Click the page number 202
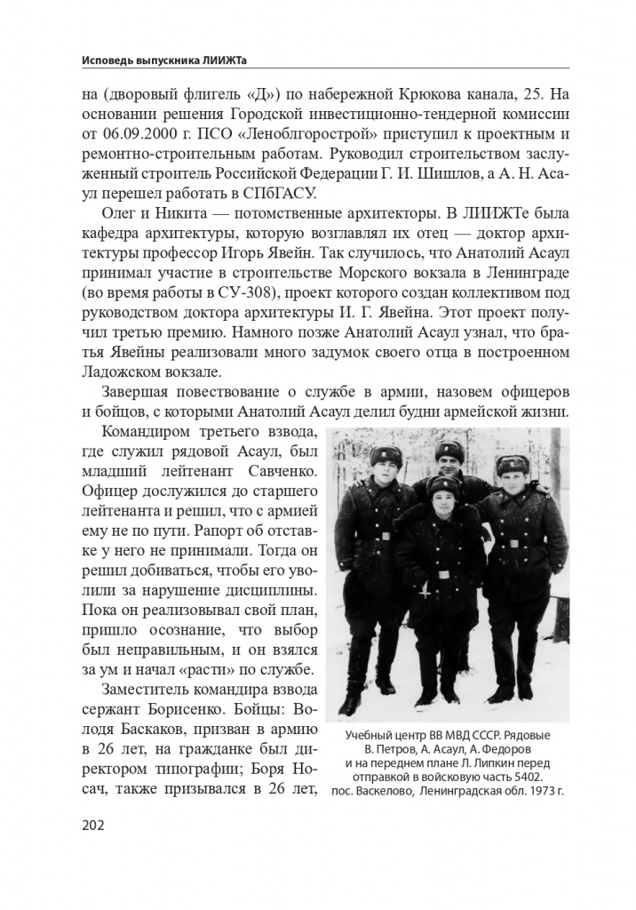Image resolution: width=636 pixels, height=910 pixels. [x=92, y=826]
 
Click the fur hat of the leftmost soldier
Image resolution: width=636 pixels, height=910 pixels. [x=386, y=458]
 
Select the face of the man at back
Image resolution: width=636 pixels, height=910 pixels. [x=449, y=462]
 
